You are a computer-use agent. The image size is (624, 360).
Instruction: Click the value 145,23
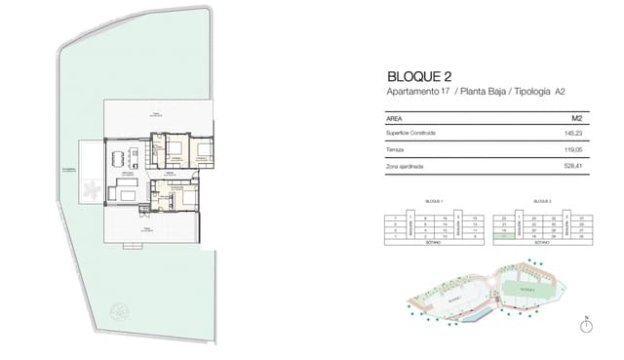tap(571, 132)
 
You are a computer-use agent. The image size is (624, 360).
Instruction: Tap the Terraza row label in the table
tap(370, 149)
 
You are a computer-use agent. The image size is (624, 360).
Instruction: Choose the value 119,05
tap(571, 149)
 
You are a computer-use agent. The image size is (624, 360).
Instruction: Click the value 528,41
tap(571, 167)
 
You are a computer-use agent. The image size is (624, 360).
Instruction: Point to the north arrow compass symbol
tap(587, 327)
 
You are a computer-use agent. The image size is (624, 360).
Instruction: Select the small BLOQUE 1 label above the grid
tap(434, 201)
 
